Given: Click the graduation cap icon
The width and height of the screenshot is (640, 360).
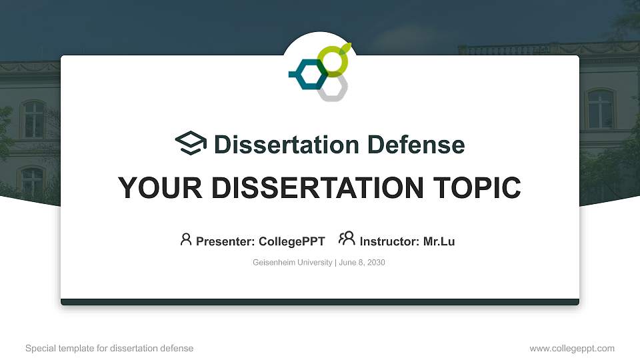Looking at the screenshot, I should pos(191,143).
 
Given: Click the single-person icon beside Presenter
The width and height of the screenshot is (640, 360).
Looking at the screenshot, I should pos(186,239).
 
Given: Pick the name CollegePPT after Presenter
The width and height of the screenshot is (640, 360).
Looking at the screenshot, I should pos(292,241).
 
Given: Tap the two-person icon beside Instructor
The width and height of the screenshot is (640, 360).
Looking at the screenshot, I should pos(347,239).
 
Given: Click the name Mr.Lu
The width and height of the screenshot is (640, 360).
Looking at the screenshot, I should pos(439,241).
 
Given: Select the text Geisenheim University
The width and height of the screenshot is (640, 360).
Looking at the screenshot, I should pos(292,263).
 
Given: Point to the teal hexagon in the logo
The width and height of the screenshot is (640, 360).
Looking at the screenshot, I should pos(308,74).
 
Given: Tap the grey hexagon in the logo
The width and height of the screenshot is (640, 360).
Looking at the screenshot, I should pos(332,88).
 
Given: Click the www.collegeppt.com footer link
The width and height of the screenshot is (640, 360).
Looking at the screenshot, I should pos(571,348).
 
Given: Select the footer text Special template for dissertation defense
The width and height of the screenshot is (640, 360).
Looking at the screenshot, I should pos(109,348).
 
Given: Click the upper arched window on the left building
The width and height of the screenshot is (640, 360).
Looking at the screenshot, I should pos(33,118).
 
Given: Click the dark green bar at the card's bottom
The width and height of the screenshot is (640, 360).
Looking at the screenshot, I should pos(320,302).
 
